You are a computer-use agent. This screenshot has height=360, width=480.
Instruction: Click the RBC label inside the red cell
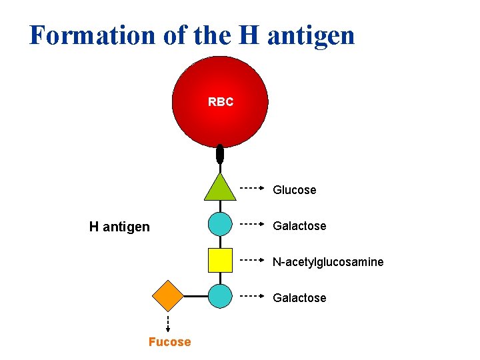(x=221, y=102)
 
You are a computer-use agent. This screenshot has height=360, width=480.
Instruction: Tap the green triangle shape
(x=220, y=189)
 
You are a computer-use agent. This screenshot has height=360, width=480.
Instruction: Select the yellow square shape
(x=220, y=260)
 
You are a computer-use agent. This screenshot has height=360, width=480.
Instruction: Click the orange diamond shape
(x=168, y=295)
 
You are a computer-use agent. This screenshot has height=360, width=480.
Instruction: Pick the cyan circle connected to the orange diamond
(x=220, y=295)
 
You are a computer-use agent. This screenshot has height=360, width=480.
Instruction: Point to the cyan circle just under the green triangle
(x=220, y=225)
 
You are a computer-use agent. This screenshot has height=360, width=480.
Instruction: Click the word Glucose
(x=294, y=190)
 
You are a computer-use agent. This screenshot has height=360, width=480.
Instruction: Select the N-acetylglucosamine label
(x=327, y=262)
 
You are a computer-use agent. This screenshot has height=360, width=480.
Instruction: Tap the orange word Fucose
(x=169, y=342)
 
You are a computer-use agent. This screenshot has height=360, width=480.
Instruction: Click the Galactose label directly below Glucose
(x=299, y=226)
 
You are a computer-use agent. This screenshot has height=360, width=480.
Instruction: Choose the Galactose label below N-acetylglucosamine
(x=299, y=298)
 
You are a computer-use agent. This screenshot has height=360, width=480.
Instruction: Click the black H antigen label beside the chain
(x=119, y=227)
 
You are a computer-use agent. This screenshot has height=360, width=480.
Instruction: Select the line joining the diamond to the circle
(x=195, y=295)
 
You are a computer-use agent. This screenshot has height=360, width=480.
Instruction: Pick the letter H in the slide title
(x=247, y=35)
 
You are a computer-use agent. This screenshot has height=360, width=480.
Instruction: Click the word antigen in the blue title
(x=311, y=35)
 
